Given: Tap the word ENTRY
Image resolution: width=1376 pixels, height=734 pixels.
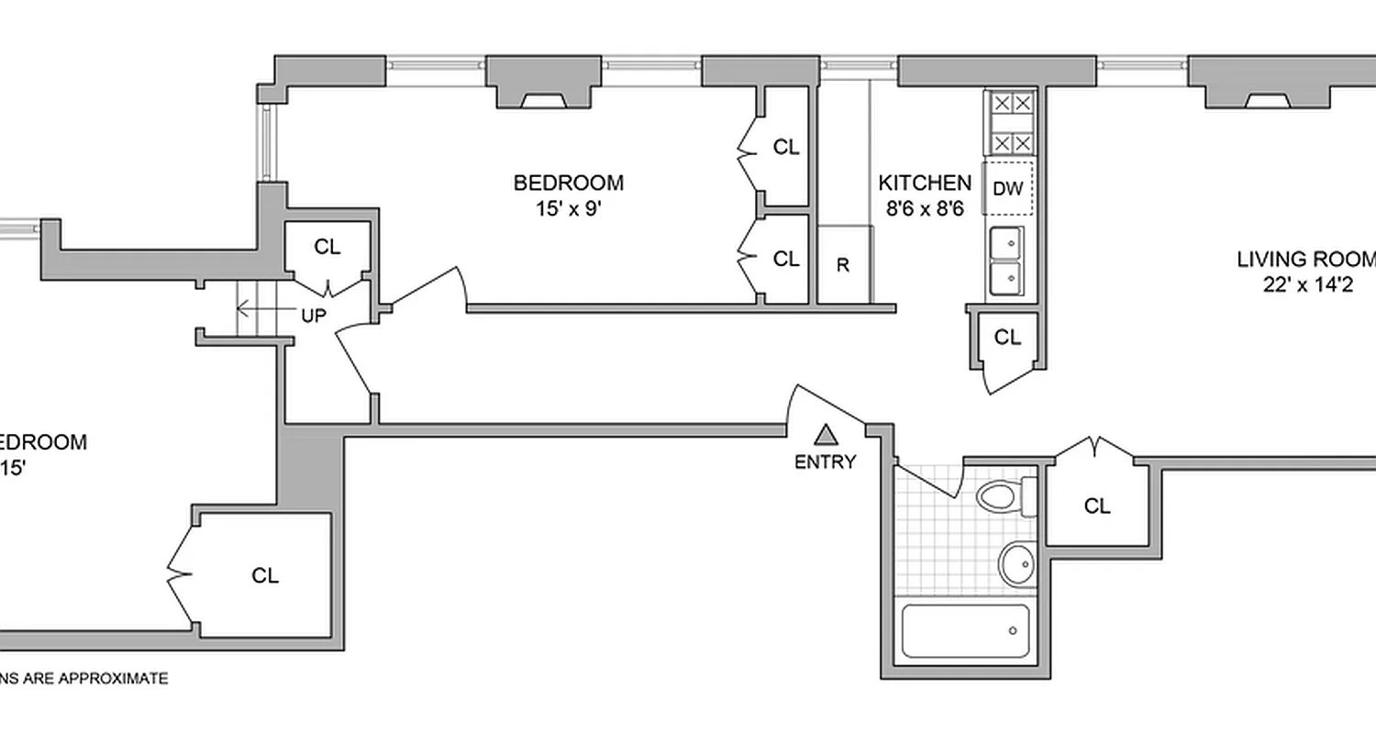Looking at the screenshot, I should point(825,462).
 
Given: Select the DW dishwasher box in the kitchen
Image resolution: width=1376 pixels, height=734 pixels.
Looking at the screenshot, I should point(1008,189).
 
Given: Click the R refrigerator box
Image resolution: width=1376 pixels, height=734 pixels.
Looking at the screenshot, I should point(843,266).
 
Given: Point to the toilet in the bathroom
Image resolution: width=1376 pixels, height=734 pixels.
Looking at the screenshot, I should point(1001,497).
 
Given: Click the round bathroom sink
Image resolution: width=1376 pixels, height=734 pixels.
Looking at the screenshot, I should point(1016,562).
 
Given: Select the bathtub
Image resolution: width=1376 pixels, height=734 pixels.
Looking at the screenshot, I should point(964,630).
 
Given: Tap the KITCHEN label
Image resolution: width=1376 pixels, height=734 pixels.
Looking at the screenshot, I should point(924,182).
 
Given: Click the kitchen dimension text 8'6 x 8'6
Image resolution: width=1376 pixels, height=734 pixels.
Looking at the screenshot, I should point(924,208).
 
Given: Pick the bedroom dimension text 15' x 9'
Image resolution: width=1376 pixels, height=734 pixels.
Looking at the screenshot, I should point(568,208).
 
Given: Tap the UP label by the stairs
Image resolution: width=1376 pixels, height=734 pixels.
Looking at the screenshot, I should point(314,317).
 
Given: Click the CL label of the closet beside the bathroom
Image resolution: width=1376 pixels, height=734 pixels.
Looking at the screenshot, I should point(1097,506).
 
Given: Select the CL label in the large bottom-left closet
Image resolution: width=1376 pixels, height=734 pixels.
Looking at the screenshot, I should point(265,575).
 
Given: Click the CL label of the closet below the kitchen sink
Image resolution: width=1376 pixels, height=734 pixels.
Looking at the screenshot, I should point(1007,338).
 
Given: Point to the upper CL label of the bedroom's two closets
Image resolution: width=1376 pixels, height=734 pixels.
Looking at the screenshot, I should point(786,147).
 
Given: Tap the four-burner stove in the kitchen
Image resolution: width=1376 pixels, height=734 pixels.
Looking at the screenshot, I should point(1009,123).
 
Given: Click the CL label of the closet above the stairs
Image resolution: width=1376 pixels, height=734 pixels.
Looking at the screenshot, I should point(327,247).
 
